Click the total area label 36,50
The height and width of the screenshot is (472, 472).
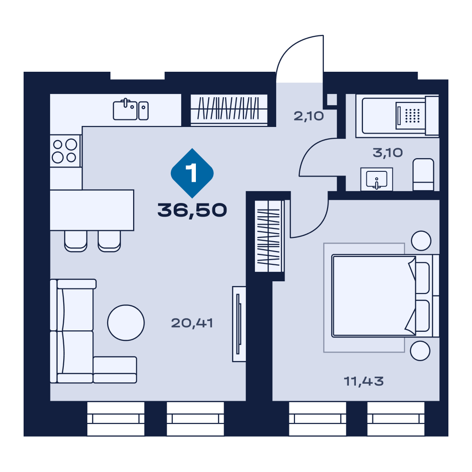click(x=192, y=210)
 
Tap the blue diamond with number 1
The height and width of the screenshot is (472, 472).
click(x=192, y=173)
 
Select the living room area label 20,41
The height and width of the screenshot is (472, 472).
click(x=192, y=323)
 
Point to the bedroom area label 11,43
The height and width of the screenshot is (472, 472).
click(x=363, y=381)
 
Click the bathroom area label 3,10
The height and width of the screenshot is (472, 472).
click(x=388, y=152)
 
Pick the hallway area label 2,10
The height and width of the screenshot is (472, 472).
click(x=309, y=116)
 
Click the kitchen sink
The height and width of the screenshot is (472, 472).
click(x=131, y=110)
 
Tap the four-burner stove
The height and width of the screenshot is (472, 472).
click(x=65, y=151)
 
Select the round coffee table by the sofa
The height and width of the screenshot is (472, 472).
click(x=126, y=323)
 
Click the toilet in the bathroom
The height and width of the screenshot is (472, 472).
click(x=423, y=175)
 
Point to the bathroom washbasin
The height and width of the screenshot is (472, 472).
click(x=377, y=179)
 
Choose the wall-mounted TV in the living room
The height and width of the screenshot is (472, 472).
click(x=239, y=324)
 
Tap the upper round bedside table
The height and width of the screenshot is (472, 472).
click(x=421, y=241)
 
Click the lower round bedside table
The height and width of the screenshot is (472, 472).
click(x=420, y=351)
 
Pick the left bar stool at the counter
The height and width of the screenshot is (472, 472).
click(x=76, y=241)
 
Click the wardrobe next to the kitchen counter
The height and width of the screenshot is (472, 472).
click(x=229, y=110)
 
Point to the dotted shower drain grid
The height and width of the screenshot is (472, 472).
click(x=412, y=116)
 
